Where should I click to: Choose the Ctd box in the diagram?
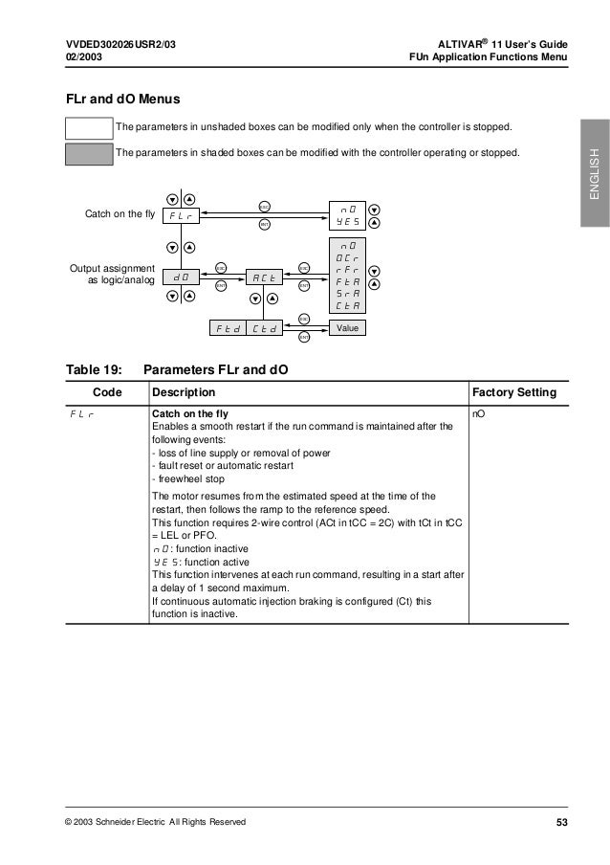[265, 329]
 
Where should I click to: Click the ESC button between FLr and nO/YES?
[264, 206]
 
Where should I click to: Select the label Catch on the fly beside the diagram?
[120, 213]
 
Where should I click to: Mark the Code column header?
[106, 392]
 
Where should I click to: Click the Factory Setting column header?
[515, 392]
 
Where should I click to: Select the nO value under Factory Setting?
[480, 414]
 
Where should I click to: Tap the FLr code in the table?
[84, 414]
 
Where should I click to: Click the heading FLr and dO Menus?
[121, 99]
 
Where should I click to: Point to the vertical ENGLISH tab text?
[593, 175]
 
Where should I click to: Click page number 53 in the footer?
[561, 822]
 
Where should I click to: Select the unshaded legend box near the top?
[87, 128]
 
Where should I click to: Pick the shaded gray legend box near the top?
[87, 153]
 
